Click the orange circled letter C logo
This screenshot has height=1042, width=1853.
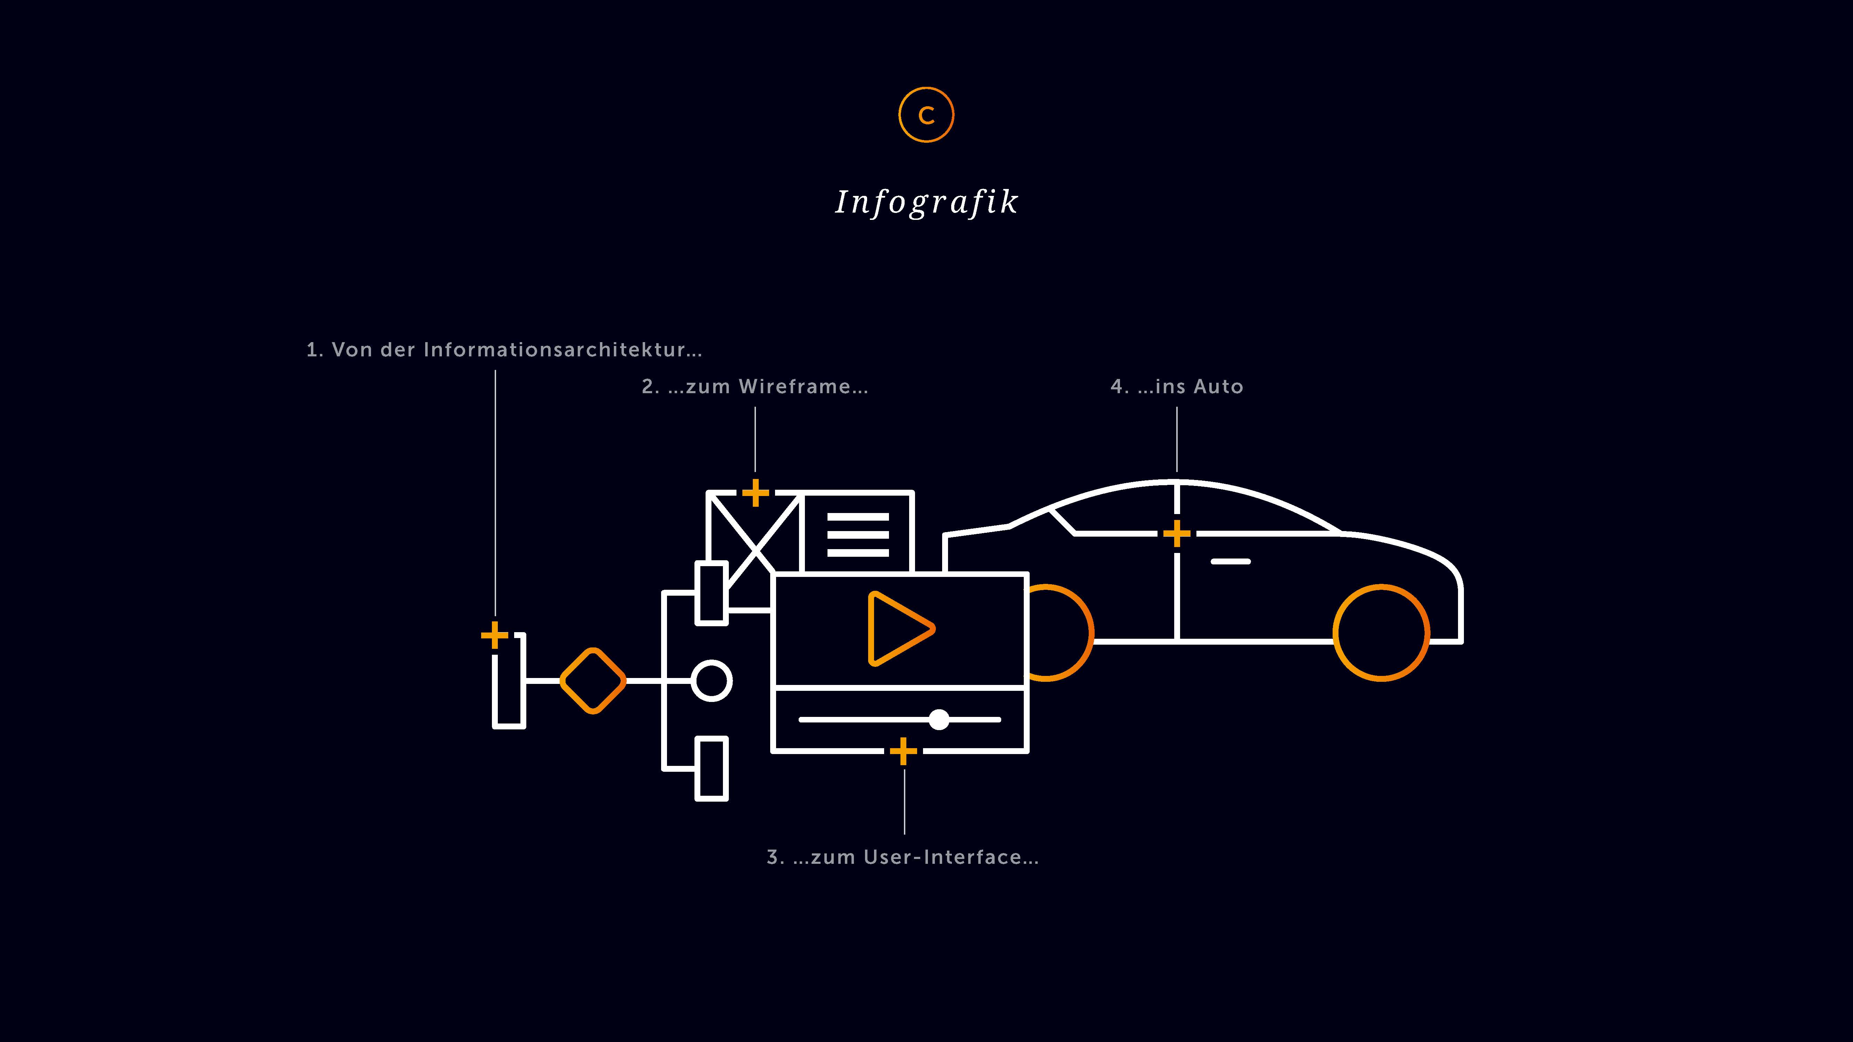click(x=926, y=115)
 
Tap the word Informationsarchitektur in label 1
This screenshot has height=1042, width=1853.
click(x=562, y=350)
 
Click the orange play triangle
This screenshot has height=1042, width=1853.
click(x=898, y=629)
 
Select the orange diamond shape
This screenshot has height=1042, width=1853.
click(x=593, y=680)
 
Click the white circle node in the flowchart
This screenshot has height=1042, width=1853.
click(x=711, y=680)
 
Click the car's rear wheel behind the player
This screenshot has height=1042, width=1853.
click(x=1061, y=633)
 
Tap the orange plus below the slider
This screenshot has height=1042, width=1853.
click(x=904, y=752)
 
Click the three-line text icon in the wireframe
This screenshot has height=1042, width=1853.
click(x=857, y=534)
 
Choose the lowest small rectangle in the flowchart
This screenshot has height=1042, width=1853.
click(x=711, y=768)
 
